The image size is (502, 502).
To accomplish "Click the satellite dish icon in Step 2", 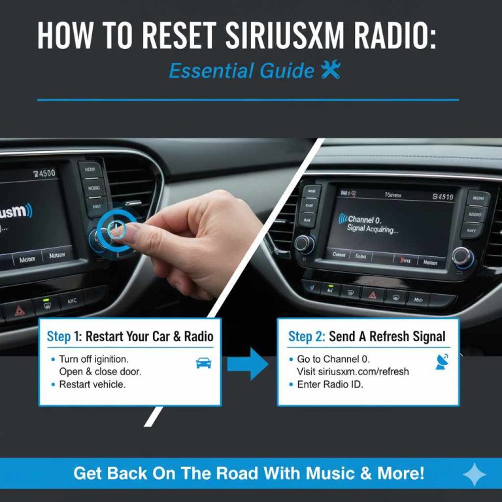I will coord(442,361).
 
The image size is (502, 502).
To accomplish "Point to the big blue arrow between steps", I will coord(249,364).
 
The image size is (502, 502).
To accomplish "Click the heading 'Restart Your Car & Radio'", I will coord(150,337).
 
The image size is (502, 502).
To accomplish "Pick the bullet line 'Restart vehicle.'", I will coord(92,384).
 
